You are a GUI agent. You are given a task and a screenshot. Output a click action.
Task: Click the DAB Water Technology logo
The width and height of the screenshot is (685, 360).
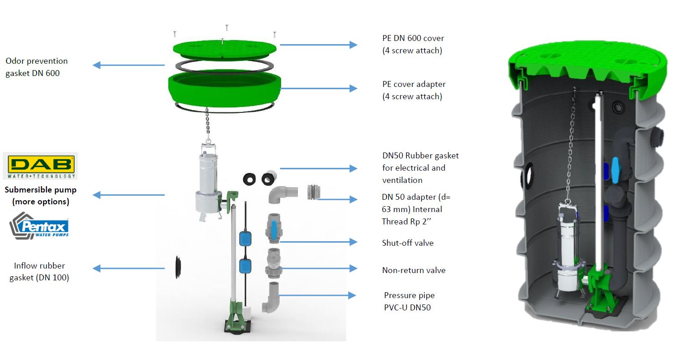tap(40, 166)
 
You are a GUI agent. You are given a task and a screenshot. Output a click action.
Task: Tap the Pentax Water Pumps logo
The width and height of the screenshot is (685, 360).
tap(39, 226)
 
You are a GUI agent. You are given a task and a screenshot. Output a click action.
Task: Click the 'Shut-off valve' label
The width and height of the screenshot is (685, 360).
tap(408, 243)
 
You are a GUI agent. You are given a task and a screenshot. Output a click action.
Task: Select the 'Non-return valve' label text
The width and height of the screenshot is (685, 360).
tap(413, 270)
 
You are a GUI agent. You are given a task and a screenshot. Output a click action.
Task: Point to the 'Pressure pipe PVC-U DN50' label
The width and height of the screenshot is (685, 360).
tap(409, 301)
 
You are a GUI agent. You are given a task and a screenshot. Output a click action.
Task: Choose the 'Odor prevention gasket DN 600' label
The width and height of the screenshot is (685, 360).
tap(36, 67)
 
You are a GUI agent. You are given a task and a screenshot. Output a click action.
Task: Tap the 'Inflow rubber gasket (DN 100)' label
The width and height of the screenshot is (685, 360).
tap(39, 272)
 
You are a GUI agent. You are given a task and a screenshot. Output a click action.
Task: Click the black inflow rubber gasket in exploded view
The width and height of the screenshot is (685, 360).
tap(178, 267)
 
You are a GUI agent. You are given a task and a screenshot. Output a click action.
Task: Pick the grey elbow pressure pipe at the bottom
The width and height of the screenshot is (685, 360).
tap(272, 298)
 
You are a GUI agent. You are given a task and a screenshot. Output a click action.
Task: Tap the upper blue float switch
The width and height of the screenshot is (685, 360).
tap(245, 239)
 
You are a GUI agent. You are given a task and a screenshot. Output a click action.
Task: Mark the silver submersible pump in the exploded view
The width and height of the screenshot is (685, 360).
tap(207, 182)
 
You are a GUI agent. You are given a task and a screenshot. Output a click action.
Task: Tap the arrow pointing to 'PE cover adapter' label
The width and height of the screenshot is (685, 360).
tap(318, 88)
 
